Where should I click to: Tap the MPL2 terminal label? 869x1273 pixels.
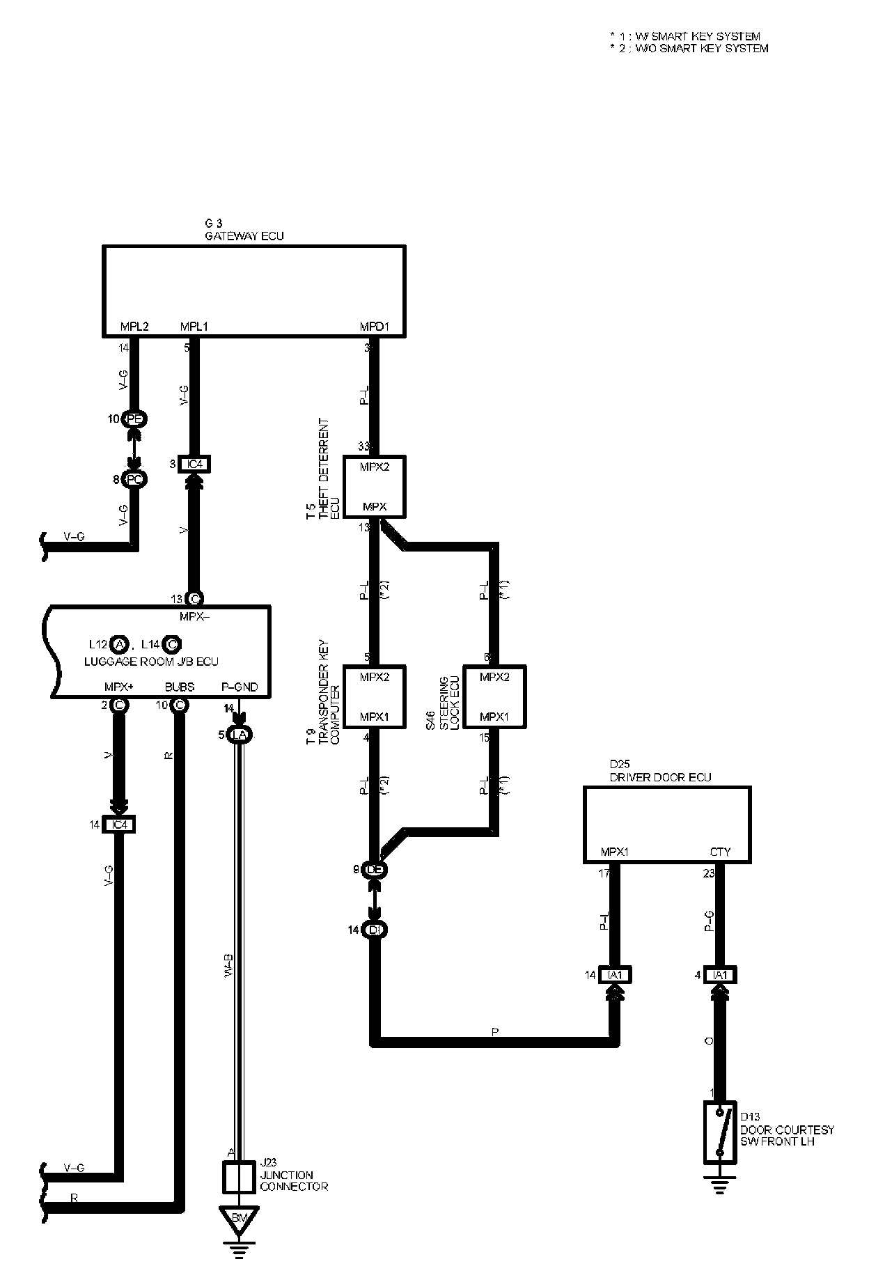[x=134, y=326]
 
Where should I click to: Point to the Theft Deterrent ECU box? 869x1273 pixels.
[x=375, y=487]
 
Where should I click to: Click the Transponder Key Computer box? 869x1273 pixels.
[x=375, y=696]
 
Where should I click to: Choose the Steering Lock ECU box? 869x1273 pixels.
[x=494, y=696]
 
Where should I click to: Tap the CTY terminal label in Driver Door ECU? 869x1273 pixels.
[x=720, y=852]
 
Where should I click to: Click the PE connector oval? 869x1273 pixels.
[x=134, y=419]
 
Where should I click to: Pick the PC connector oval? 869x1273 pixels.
[x=134, y=479]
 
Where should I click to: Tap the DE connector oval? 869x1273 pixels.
[x=375, y=869]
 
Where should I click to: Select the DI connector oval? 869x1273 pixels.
[x=375, y=930]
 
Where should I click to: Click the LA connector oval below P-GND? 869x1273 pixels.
[x=240, y=735]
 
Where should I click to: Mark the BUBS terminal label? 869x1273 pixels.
[x=180, y=687]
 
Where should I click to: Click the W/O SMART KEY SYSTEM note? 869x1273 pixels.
[x=689, y=49]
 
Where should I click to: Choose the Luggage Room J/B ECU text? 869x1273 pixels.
[x=151, y=661]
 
